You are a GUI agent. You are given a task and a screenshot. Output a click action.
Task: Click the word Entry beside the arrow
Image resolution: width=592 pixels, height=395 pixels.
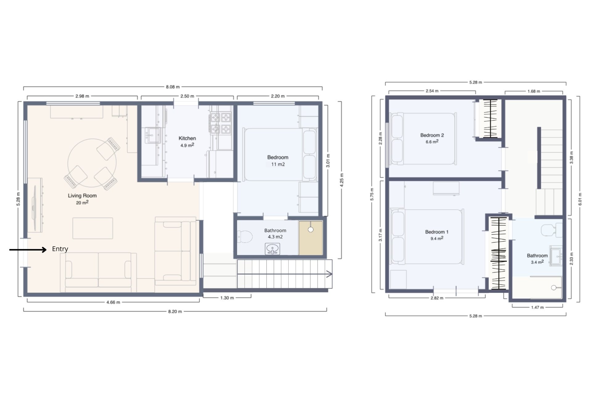tap(60, 249)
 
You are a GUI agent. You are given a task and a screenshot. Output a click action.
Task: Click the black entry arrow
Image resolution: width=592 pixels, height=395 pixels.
tap(28, 250)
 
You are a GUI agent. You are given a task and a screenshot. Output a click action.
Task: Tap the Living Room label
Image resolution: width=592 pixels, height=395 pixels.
tap(82, 196)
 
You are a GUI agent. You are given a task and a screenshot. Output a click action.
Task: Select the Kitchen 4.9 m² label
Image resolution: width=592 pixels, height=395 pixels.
tap(187, 141)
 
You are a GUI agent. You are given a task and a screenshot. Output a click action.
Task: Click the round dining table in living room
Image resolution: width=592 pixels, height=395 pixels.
tap(92, 163)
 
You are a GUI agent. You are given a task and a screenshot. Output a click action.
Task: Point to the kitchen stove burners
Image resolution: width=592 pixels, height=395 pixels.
tap(221, 123)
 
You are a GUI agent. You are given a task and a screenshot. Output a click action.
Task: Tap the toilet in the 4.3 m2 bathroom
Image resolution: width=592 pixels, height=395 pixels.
tap(245, 237)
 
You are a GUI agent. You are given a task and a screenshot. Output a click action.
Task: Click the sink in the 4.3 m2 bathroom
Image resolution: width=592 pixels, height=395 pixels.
tap(272, 249)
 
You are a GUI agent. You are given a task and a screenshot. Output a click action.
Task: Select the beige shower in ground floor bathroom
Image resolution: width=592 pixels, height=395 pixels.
tap(310, 238)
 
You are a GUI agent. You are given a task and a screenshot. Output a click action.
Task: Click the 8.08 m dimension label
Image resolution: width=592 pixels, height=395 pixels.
tap(173, 87)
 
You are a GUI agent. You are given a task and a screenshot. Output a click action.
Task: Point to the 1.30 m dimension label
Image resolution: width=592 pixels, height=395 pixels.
tap(227, 298)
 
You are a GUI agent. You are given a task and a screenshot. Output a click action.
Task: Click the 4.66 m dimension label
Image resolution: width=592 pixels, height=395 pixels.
tap(113, 302)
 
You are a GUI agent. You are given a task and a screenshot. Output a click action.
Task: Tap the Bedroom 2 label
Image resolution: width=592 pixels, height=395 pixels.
tap(432, 135)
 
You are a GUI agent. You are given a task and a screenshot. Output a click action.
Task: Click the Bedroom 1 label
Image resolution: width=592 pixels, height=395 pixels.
tap(437, 232)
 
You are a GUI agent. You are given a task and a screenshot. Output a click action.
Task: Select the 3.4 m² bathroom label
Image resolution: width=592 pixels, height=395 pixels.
tap(537, 259)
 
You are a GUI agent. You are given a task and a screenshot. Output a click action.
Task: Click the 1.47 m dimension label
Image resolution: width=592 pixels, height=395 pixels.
tap(537, 307)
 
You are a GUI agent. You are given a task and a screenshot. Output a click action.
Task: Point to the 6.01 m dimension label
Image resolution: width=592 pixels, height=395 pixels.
tap(580, 199)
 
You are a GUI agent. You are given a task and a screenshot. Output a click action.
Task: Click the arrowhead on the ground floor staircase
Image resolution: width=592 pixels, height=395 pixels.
tap(329, 274)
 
